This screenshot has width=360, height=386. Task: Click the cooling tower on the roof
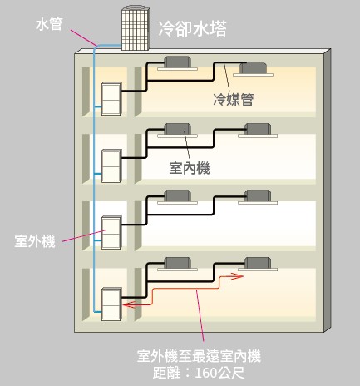[136, 27]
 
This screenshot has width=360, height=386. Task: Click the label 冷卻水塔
[192, 28]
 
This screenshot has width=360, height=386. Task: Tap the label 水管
[49, 24]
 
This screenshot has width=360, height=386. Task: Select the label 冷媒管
[234, 99]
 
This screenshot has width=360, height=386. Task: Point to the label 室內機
[190, 168]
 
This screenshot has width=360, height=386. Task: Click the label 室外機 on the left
[35, 241]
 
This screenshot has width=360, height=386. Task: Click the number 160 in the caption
[206, 373]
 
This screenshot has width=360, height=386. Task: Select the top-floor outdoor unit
[111, 99]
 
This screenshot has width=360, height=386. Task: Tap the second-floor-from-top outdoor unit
[111, 166]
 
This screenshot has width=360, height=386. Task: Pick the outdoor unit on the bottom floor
[111, 304]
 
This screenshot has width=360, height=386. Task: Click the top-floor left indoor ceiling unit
[177, 63]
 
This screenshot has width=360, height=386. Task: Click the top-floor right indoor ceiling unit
[254, 69]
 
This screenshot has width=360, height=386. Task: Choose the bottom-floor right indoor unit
[258, 264]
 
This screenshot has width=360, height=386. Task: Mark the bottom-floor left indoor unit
[177, 264]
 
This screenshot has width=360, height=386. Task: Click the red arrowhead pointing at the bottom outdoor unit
[129, 304]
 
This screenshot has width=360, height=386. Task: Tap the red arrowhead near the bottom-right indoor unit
[237, 276]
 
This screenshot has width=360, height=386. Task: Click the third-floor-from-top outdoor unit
[111, 232]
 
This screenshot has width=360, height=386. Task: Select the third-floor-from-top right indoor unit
[258, 197]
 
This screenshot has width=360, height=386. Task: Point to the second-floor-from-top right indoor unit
[258, 131]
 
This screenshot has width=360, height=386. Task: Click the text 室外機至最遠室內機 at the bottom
[199, 356]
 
